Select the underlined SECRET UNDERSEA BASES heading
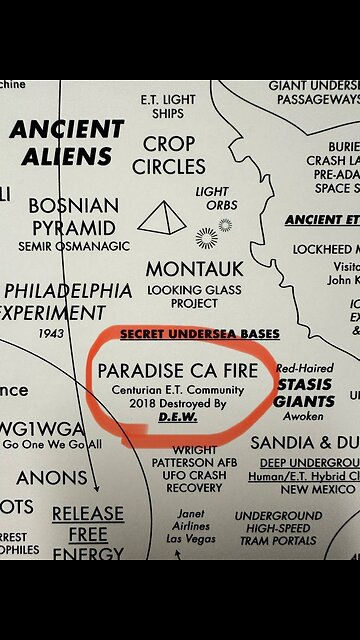[200, 333]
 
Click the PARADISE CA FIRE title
[178, 371]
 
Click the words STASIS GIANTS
[304, 392]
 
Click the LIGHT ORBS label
[212, 198]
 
